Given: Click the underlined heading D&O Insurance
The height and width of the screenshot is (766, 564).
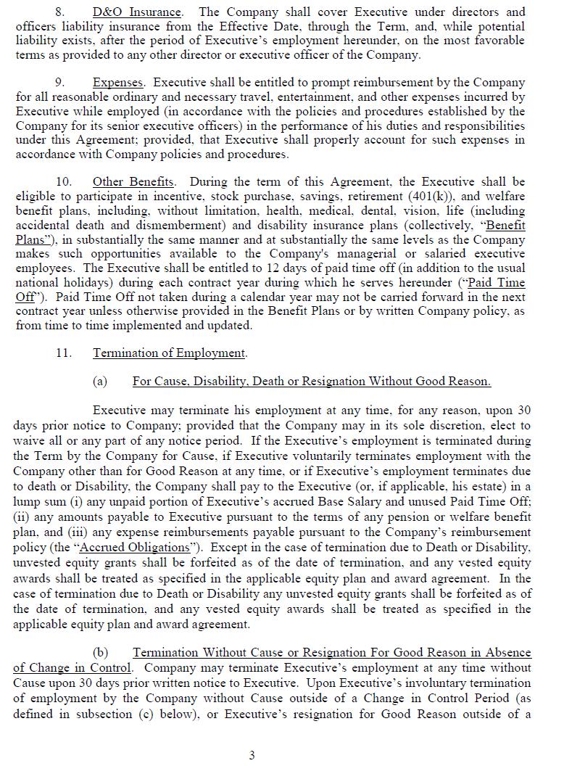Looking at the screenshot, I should [137, 12].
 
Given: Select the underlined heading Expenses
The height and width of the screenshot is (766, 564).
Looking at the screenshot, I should [118, 83].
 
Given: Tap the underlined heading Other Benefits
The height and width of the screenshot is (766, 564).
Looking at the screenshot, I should [133, 182].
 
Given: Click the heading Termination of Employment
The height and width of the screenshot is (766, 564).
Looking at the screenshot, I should [170, 353].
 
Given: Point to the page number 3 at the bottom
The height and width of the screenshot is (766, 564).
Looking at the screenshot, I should [252, 755].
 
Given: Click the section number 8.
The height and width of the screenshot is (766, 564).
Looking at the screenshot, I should [60, 12].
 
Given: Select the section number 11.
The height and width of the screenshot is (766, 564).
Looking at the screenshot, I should [64, 353].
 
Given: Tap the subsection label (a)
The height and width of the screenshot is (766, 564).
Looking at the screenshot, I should [100, 382].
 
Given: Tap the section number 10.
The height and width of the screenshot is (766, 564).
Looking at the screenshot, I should [64, 182].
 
